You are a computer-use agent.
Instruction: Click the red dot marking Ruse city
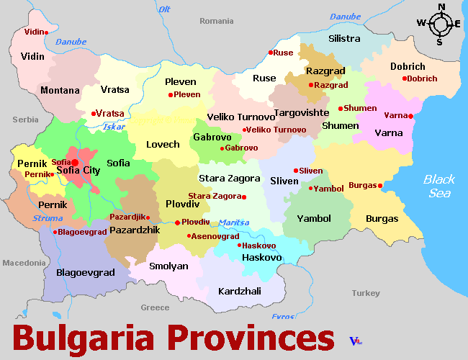(x=271, y=53)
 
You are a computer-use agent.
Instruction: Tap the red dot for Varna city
(x=410, y=116)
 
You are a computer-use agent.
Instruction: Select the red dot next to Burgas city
(x=380, y=186)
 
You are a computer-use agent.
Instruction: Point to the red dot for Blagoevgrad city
(x=55, y=232)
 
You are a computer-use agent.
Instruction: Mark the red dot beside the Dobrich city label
(x=405, y=78)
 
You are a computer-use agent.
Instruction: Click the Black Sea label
(x=438, y=186)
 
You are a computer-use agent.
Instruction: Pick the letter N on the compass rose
(x=441, y=7)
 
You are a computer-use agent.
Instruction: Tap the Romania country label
(x=216, y=21)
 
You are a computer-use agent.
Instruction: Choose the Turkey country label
(x=365, y=293)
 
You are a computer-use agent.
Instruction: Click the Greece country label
(x=155, y=307)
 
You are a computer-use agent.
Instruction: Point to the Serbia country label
(x=25, y=120)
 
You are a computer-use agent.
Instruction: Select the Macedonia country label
(x=24, y=263)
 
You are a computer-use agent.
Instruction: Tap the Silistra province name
(x=343, y=38)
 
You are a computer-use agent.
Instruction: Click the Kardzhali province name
(x=239, y=292)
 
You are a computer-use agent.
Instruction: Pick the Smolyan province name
(x=168, y=266)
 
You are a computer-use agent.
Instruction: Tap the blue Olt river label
(x=164, y=9)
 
